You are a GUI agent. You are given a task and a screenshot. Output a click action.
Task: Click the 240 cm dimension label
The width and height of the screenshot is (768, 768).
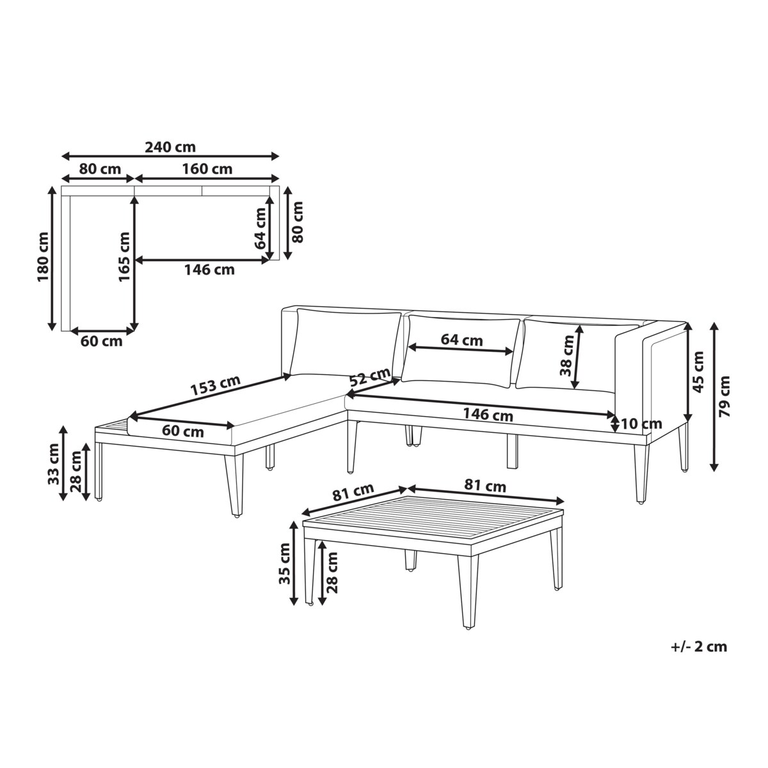tap(170, 147)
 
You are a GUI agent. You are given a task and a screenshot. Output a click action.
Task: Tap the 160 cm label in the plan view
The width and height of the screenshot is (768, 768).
tap(207, 169)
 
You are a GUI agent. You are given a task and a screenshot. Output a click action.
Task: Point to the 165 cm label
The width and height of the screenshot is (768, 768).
tap(124, 257)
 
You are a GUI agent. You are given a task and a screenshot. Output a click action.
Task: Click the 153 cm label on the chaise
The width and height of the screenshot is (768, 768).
tap(215, 385)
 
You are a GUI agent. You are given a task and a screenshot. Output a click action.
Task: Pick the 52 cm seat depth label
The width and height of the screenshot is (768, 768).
tap(370, 377)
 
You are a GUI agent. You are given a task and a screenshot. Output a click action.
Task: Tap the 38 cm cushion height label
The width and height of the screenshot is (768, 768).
tap(567, 356)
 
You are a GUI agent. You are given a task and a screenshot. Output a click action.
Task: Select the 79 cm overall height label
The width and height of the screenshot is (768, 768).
tap(724, 397)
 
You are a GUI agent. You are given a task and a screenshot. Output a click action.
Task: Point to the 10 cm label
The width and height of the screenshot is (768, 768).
tap(641, 424)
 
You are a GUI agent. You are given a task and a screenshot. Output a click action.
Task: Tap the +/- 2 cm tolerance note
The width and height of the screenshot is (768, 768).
tap(699, 646)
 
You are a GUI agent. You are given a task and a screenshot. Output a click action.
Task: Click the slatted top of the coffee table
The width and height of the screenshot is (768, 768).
tap(433, 516)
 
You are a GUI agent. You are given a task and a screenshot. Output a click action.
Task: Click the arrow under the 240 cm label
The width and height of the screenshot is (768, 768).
tap(170, 156)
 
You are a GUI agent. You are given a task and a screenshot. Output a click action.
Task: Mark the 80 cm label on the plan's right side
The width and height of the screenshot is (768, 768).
tap(297, 222)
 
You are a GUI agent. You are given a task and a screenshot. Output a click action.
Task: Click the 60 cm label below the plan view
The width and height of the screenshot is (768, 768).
tap(101, 341)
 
